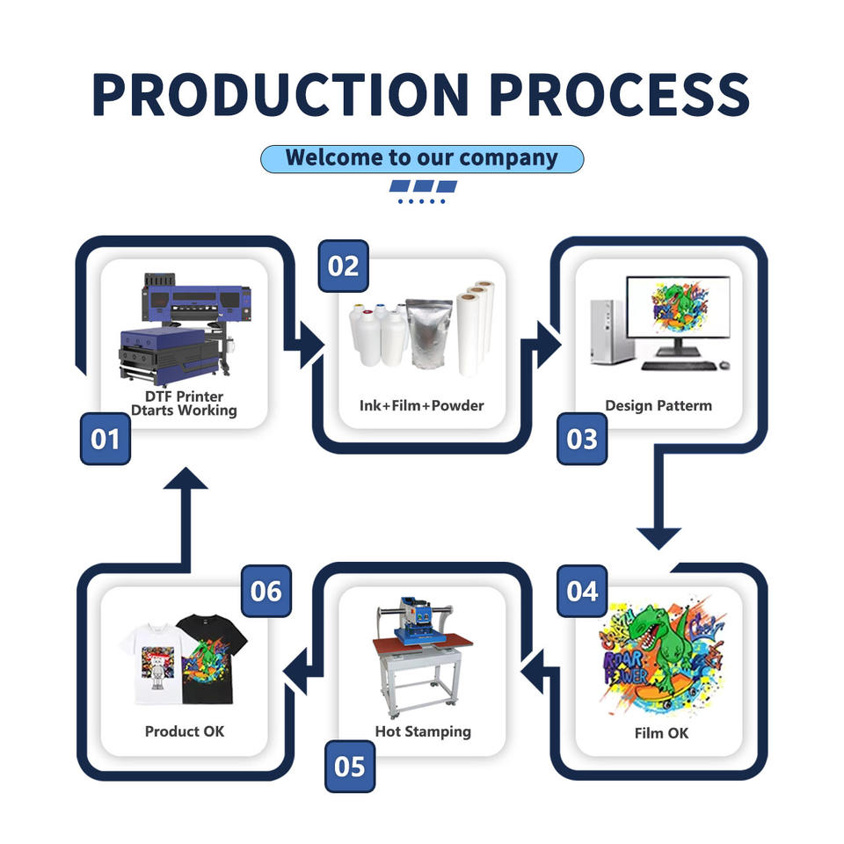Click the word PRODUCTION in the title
(x=280, y=94)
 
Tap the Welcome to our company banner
(x=422, y=159)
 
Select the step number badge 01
(x=105, y=439)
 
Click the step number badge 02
(x=344, y=266)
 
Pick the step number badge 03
(x=582, y=439)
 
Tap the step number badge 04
(x=582, y=591)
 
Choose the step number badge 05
(x=350, y=767)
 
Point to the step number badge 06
(x=266, y=591)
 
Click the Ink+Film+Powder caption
(x=421, y=405)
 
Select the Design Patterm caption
(x=658, y=405)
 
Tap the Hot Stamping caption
(x=423, y=731)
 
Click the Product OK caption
(x=185, y=731)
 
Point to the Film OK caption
(x=661, y=733)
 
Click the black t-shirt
(x=212, y=659)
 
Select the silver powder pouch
(x=429, y=333)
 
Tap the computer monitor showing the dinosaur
(x=678, y=316)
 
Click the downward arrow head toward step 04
(x=658, y=538)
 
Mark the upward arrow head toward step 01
(x=186, y=478)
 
